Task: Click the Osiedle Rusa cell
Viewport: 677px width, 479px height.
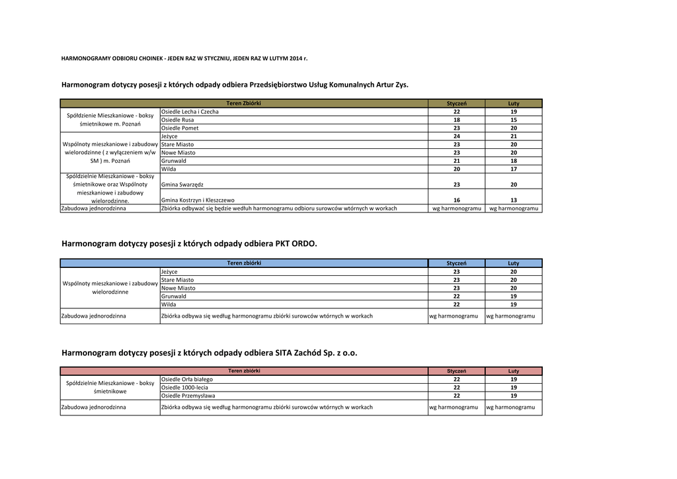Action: coord(178,120)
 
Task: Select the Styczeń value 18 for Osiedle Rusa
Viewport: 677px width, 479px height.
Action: coord(456,120)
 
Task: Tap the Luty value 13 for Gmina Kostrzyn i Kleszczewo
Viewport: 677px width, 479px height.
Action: coord(513,200)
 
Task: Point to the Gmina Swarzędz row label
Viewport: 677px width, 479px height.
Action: coord(182,185)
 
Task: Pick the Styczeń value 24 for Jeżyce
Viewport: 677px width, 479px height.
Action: coord(456,136)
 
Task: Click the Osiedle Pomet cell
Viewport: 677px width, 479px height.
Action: coord(180,128)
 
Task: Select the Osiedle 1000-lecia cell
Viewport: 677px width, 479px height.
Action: coord(184,387)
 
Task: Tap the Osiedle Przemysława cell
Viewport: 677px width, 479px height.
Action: coord(188,396)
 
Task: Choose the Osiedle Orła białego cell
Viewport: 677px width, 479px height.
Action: coord(187,379)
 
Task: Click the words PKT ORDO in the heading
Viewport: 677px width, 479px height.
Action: coord(296,243)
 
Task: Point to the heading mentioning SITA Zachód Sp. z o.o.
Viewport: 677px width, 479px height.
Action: coord(209,353)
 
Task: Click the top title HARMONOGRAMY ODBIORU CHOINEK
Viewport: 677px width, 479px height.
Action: coord(184,59)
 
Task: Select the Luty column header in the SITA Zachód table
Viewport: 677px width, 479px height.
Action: coord(513,371)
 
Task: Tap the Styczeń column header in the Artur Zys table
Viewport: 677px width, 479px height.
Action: coord(456,103)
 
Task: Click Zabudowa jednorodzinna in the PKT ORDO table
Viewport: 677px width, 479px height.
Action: coord(93,316)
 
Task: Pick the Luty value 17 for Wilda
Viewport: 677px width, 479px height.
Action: coord(513,169)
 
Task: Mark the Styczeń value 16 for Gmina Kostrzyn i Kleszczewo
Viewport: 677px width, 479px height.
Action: coord(456,200)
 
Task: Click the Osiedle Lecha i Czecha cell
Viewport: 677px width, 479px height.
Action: coord(190,112)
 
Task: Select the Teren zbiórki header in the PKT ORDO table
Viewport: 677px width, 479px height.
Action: coord(244,263)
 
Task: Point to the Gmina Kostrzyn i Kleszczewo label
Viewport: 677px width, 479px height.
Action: coord(198,200)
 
